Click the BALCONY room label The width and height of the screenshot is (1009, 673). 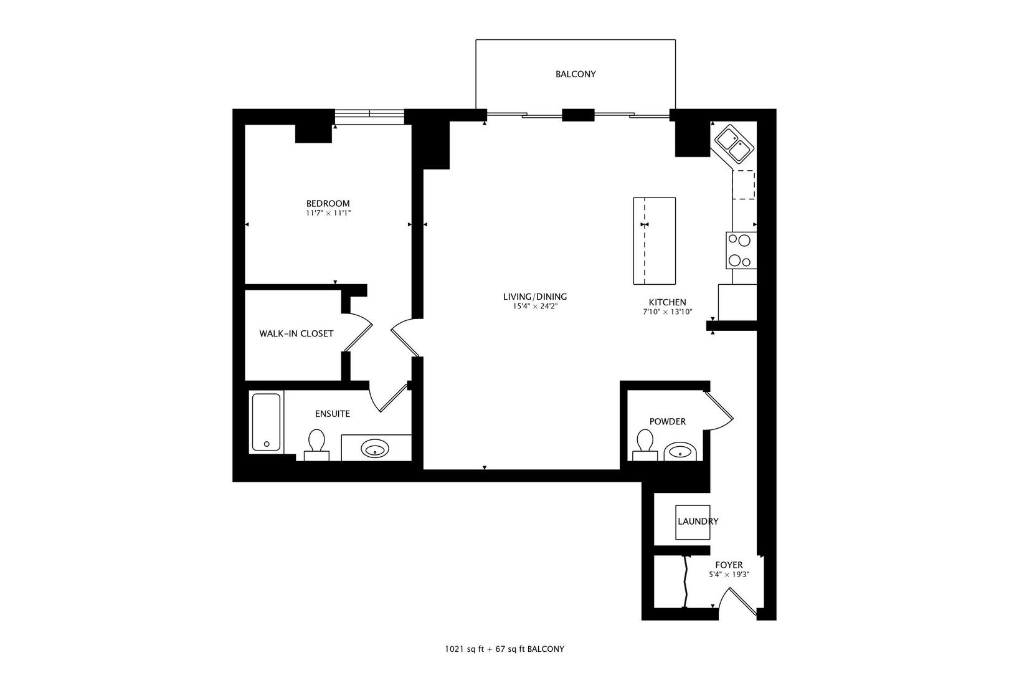tap(576, 74)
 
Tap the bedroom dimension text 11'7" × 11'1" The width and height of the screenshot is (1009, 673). tap(328, 213)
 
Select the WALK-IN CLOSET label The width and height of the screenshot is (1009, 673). tap(296, 333)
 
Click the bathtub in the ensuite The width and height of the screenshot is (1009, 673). tap(266, 422)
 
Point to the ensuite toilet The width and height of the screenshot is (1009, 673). tap(316, 444)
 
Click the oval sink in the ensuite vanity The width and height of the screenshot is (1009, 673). tap(375, 449)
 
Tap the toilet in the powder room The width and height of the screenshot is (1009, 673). tap(645, 444)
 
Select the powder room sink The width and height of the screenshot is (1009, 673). tap(680, 451)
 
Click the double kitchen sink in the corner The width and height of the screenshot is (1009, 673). tap(735, 144)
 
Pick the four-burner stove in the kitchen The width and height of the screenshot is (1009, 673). tap(741, 251)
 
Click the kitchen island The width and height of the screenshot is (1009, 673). tap(655, 241)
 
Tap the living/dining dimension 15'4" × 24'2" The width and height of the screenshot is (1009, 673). tap(534, 307)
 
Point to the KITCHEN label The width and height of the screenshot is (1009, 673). tap(668, 302)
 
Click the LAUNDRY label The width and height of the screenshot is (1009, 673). tap(698, 522)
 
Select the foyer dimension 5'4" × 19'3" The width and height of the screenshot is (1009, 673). tap(729, 575)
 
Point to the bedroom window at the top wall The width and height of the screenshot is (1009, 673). tap(369, 117)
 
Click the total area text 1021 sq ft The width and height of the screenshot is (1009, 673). tap(464, 649)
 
